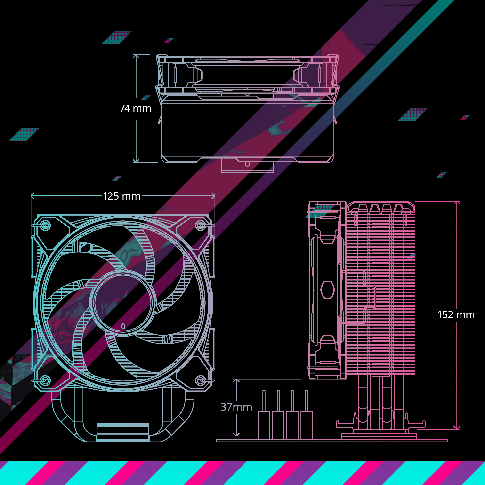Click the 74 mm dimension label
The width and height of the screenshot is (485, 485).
tap(135, 108)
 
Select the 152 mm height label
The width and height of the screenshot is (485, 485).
tap(456, 315)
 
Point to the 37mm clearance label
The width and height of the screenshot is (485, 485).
tap(236, 407)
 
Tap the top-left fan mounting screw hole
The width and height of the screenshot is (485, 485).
tap(45, 226)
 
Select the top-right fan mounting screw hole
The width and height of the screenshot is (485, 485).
tap(200, 226)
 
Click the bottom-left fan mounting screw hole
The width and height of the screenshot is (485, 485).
tap(45, 380)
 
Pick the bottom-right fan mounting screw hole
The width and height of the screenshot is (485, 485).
tap(200, 380)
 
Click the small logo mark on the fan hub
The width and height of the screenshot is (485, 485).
tap(123, 326)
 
